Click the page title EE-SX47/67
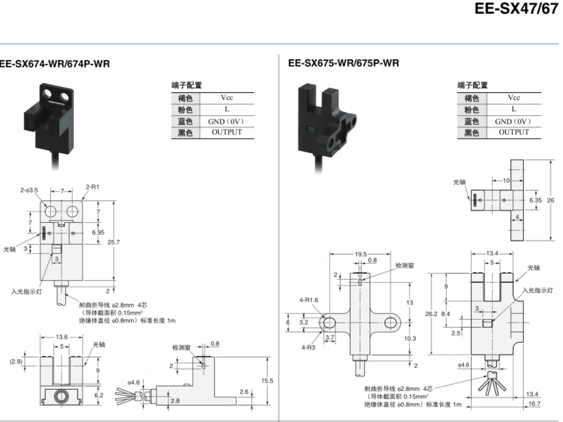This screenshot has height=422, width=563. point(516,9)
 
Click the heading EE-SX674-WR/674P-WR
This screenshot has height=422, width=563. point(55,64)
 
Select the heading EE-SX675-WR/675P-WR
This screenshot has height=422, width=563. point(344,64)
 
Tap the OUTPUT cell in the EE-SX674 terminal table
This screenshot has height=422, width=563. point(227,132)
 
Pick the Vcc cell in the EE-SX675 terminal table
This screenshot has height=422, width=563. point(513,98)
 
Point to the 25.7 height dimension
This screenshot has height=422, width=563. point(113,242)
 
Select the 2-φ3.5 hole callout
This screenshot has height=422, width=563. point(29,190)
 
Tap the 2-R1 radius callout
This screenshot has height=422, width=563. point(92,186)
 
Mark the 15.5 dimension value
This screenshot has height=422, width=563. point(267,381)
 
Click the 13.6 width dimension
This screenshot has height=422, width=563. point(62,337)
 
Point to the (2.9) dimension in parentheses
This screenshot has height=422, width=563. point(16,361)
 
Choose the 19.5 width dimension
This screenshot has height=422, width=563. point(361,253)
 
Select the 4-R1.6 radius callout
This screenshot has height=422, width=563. point(309,300)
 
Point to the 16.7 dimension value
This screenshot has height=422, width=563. point(534,404)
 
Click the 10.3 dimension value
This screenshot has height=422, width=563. point(409,338)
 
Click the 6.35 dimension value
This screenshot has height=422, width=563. point(535,200)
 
